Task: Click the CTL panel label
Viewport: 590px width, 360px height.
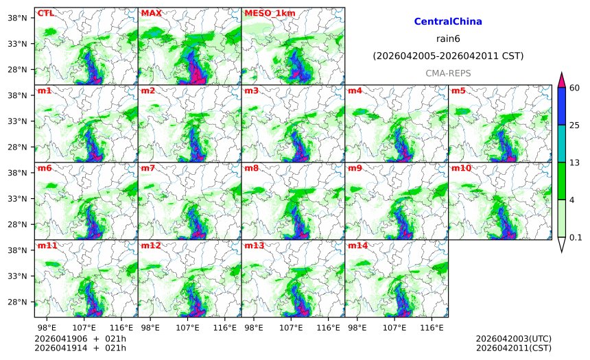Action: click(x=45, y=13)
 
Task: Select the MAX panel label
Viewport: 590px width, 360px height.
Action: click(x=150, y=13)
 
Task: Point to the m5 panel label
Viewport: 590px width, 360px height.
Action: click(x=458, y=91)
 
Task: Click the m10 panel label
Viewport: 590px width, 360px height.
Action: click(x=460, y=168)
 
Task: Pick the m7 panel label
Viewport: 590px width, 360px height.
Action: click(x=147, y=168)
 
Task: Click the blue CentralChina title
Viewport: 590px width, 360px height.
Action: click(x=448, y=22)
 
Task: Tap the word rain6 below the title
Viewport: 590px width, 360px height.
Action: click(x=448, y=38)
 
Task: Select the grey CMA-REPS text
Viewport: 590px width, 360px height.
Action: click(x=448, y=73)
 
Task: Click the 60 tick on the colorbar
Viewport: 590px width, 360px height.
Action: click(x=575, y=87)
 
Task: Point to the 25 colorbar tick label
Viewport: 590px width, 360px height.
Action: click(x=575, y=125)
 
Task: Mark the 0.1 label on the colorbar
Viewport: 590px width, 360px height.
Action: click(x=576, y=237)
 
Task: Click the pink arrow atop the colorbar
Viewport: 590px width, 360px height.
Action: click(x=562, y=80)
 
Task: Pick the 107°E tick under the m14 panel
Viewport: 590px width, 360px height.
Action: click(x=394, y=328)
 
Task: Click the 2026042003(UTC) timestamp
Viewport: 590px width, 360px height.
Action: click(x=513, y=339)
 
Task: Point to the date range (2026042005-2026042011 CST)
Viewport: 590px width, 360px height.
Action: click(x=448, y=56)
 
